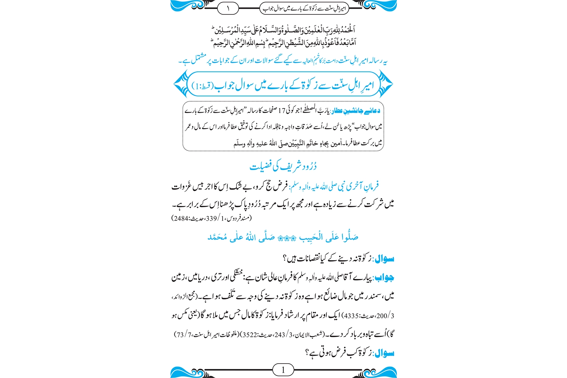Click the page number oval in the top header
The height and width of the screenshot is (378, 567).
click(x=228, y=8)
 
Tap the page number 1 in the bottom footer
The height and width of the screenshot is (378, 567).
click(x=283, y=370)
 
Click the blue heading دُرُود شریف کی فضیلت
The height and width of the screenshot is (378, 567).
click(x=283, y=166)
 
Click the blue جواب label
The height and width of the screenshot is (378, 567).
click(x=384, y=278)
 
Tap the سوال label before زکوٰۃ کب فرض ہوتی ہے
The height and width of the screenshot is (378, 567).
click(x=384, y=353)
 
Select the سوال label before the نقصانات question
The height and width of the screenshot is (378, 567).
click(x=384, y=259)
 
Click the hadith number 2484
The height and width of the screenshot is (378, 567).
click(x=180, y=218)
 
